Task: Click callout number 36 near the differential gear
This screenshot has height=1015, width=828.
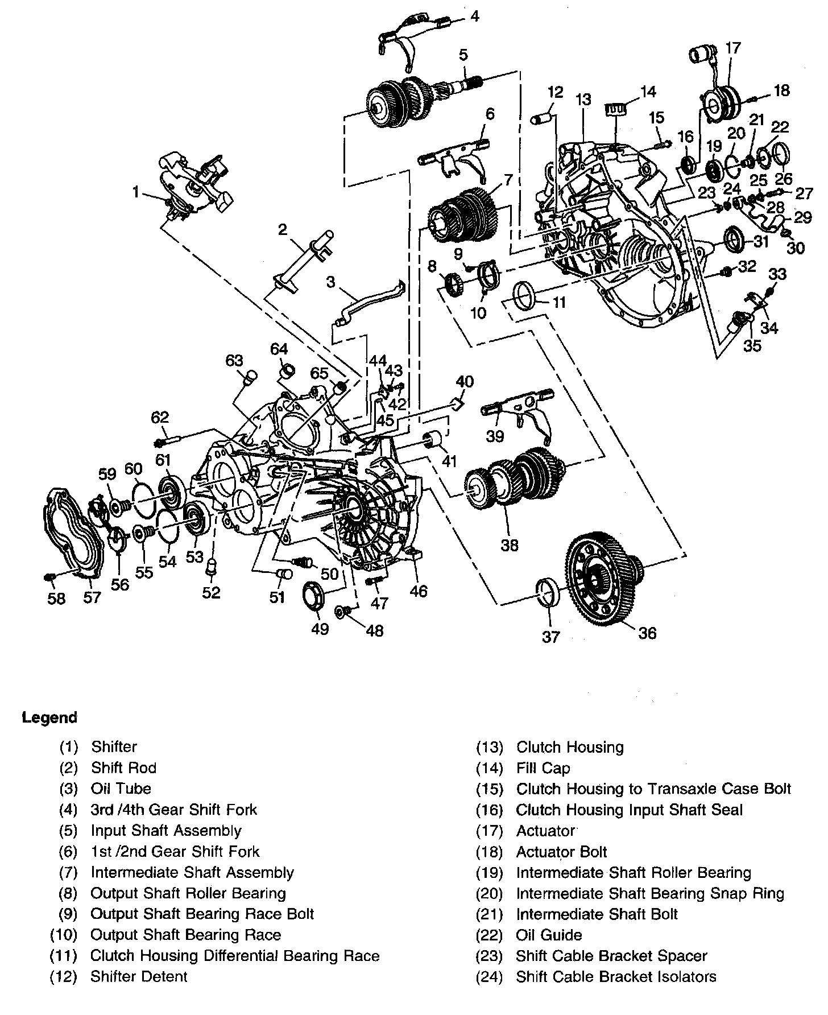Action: coord(647,633)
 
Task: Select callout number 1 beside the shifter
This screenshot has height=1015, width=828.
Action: coord(136,193)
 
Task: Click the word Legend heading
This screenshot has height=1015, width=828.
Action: coord(49,717)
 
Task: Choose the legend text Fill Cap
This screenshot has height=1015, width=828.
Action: coord(543,768)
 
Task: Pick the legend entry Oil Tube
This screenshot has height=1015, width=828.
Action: coord(121,789)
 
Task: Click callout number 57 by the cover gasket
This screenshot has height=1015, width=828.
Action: coord(92,597)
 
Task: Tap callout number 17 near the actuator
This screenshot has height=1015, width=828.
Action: coord(733,47)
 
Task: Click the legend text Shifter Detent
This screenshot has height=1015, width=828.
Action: coord(139,977)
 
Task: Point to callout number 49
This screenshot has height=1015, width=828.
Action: coord(320,629)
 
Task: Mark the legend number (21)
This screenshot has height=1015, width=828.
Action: coord(490,914)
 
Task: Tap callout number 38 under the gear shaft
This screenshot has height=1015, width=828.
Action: coord(510,545)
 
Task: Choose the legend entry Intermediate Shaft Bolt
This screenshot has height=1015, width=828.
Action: coord(597,914)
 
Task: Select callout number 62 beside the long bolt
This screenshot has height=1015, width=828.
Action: coord(160,417)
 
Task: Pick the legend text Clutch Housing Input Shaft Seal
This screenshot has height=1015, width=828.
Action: coord(630,810)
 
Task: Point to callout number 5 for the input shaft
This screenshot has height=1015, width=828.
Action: coord(463,55)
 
